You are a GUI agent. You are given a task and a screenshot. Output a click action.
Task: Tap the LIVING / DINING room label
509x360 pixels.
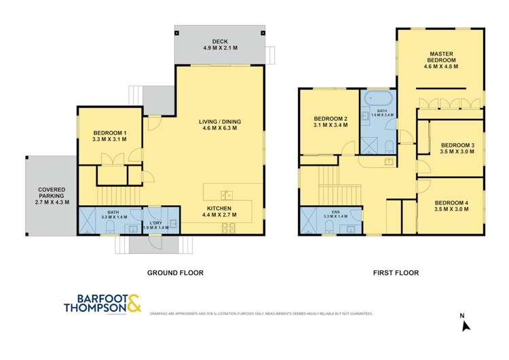219,126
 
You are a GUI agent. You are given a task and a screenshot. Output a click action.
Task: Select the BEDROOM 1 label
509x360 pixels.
109,136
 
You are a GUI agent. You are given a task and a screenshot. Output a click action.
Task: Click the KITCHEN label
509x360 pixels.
219,211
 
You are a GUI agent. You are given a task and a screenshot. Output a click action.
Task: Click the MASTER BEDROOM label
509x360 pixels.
440,58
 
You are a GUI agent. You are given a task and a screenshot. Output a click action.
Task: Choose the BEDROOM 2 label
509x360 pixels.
331,121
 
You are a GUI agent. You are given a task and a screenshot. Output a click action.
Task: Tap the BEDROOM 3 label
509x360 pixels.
457,148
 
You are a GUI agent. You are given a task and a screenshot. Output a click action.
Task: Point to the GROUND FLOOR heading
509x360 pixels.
176,272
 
